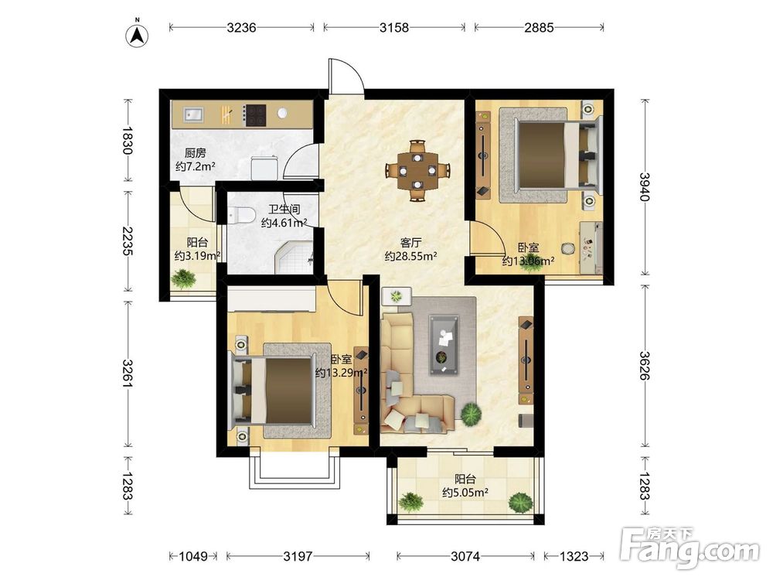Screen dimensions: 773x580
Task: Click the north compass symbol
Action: (x=138, y=35)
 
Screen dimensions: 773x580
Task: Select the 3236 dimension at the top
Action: (x=241, y=28)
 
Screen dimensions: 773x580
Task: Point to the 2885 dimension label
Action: (x=539, y=28)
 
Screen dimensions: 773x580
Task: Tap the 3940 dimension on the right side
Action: (x=645, y=187)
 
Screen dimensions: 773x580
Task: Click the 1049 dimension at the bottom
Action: (x=192, y=556)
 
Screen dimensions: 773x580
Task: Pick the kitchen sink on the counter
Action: (x=194, y=115)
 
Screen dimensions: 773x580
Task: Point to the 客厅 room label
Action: (x=410, y=243)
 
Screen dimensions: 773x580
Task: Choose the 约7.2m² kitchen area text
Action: (x=196, y=166)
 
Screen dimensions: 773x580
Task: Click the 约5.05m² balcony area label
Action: (x=465, y=492)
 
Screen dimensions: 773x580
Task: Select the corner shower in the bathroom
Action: (x=294, y=258)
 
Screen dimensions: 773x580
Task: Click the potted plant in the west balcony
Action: (x=183, y=278)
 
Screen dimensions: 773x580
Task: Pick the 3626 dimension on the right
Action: (x=645, y=366)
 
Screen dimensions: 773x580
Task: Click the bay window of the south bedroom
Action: (x=295, y=468)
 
